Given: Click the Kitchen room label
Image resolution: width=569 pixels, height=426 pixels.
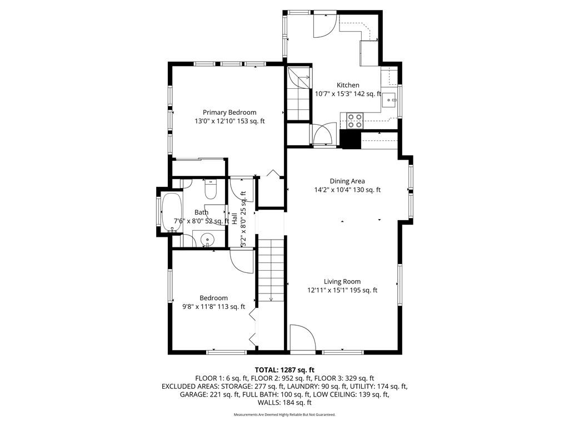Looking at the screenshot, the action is click(348, 85).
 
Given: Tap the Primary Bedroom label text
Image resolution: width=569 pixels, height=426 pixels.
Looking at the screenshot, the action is click(229, 112).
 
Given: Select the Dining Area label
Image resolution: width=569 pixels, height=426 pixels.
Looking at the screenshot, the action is click(347, 181).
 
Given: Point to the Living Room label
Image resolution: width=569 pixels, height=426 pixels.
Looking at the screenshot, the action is click(342, 281).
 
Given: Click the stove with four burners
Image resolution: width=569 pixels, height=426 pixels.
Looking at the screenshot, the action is click(355, 120).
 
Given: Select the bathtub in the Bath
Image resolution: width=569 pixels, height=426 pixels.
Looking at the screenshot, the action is click(172, 212).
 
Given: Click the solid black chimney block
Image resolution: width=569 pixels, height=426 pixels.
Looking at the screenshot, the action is click(351, 139).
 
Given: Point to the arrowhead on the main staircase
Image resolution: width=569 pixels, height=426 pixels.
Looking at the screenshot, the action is click(271, 299).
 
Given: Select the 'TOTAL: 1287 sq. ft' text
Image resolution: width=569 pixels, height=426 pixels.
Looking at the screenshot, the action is click(284, 370).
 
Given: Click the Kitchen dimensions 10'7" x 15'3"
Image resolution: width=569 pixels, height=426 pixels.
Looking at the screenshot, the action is click(332, 94).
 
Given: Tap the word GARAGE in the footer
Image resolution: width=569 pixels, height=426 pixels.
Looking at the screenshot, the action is click(194, 394).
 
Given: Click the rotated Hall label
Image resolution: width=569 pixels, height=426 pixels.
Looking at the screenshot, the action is click(234, 219).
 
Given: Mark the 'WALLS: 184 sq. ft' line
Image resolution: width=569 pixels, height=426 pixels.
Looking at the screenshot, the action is click(284, 403).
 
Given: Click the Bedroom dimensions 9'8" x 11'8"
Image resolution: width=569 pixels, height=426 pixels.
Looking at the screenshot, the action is click(199, 307).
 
